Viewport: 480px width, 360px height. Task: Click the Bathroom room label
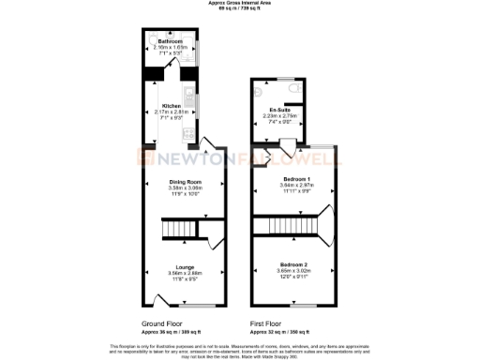click(170, 42)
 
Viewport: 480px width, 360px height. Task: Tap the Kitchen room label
click(172, 106)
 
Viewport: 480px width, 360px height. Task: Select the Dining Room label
click(186, 181)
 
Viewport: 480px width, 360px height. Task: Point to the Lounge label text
click(185, 266)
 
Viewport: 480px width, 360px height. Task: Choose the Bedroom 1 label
click(295, 178)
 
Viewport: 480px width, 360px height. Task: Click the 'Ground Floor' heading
click(160, 323)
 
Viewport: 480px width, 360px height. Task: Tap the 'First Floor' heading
click(268, 323)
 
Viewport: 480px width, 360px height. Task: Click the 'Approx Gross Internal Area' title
click(240, 3)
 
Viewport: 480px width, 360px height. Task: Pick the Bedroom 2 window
click(302, 307)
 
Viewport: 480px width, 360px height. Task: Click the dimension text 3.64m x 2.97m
click(295, 185)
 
